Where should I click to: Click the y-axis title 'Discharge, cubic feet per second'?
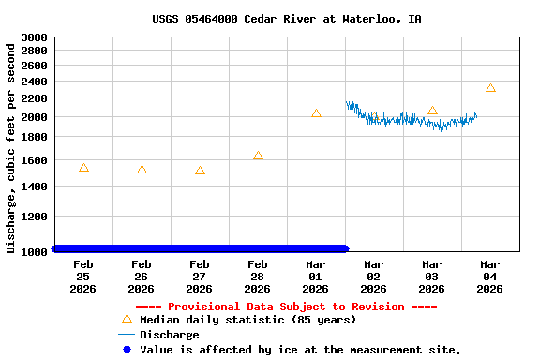[11, 145]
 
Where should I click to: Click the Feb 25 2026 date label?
[83, 277]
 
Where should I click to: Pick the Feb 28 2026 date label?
[258, 277]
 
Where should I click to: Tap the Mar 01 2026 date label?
[316, 277]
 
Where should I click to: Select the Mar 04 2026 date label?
[490, 277]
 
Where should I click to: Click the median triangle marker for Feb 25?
[83, 168]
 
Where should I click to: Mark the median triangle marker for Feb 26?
[142, 170]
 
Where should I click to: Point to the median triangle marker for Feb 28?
[258, 156]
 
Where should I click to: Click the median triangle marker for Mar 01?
[316, 113]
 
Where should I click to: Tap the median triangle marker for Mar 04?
[490, 88]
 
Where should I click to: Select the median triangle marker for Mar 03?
[432, 110]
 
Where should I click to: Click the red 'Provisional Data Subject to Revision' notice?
[286, 307]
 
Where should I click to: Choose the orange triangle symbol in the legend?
[127, 319]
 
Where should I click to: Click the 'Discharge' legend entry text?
[170, 335]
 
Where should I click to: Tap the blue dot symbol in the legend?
[127, 349]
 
